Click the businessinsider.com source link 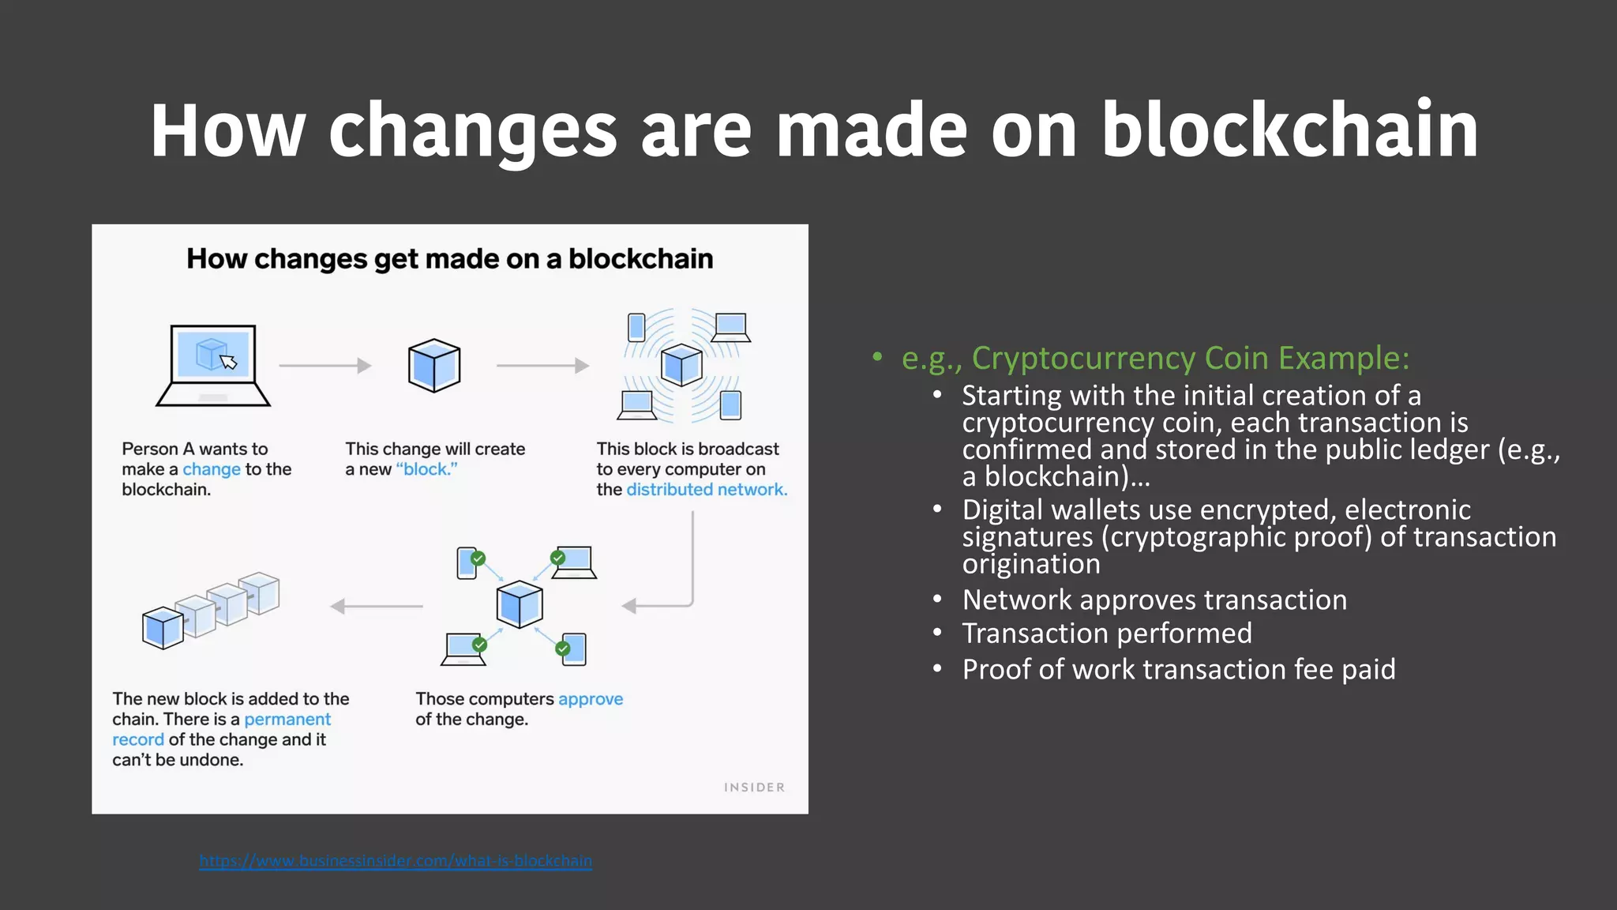[x=396, y=861]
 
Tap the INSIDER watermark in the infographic [x=754, y=788]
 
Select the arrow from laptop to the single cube [x=325, y=366]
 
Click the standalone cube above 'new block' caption [x=434, y=366]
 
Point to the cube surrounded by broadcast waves [x=681, y=365]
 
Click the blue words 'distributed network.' [x=707, y=490]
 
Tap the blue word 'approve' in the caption [x=591, y=699]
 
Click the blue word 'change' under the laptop [x=212, y=469]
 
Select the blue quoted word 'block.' [x=427, y=469]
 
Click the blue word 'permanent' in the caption [x=287, y=720]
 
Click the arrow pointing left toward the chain [x=377, y=607]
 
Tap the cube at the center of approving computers [x=520, y=605]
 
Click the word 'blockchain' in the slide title [x=1289, y=130]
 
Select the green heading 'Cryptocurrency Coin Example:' [x=1190, y=359]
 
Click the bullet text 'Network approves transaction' [x=1154, y=600]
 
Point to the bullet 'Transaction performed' [x=1107, y=634]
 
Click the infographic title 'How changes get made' [x=449, y=259]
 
